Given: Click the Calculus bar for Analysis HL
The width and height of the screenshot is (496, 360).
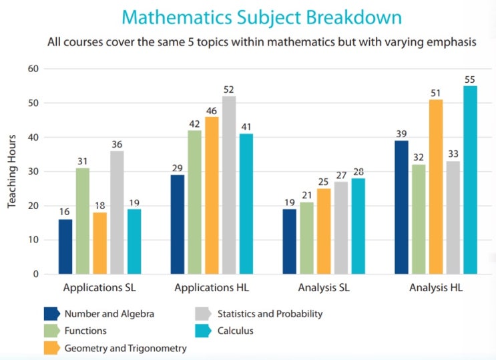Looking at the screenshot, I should click(x=471, y=180).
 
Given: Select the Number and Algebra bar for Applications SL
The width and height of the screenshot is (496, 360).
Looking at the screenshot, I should click(x=65, y=246).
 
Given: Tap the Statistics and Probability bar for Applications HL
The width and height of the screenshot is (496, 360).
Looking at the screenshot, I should click(x=229, y=185).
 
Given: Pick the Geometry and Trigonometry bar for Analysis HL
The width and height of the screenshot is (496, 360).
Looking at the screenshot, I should click(x=436, y=187).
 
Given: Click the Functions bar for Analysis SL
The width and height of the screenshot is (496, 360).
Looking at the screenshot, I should click(x=306, y=238).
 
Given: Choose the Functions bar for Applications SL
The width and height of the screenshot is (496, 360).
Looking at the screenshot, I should click(x=83, y=221).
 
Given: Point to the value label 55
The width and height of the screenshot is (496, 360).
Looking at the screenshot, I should click(x=471, y=79).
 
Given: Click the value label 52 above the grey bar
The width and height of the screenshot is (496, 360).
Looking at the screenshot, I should click(x=229, y=89).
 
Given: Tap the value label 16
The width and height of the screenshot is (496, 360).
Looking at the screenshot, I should click(x=65, y=212).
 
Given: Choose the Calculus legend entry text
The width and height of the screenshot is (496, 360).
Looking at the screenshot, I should click(x=236, y=331).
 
